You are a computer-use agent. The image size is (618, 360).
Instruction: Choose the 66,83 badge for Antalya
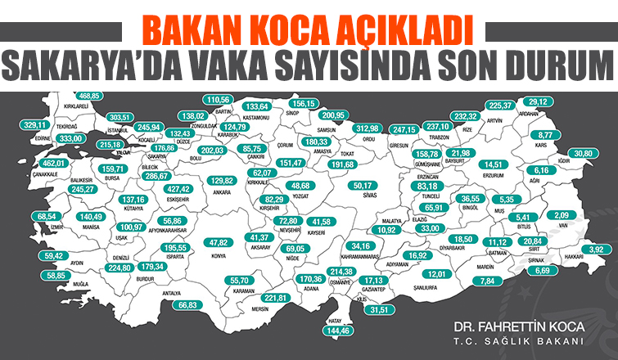189,304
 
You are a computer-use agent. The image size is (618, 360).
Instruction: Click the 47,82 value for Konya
219,243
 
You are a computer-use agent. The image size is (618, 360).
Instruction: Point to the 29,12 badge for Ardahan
561,101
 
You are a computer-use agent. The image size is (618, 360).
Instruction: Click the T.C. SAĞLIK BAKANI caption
521,341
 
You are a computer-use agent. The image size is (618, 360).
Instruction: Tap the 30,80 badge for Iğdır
583,154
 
